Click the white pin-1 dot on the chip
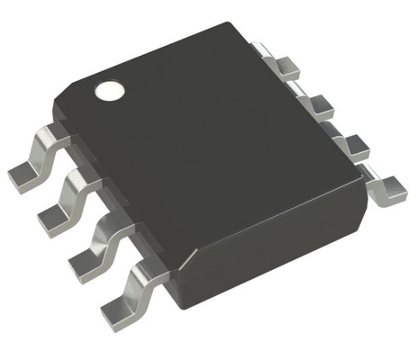[x=109, y=90]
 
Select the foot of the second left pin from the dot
[x=53, y=215]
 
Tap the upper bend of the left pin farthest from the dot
[x=144, y=270]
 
